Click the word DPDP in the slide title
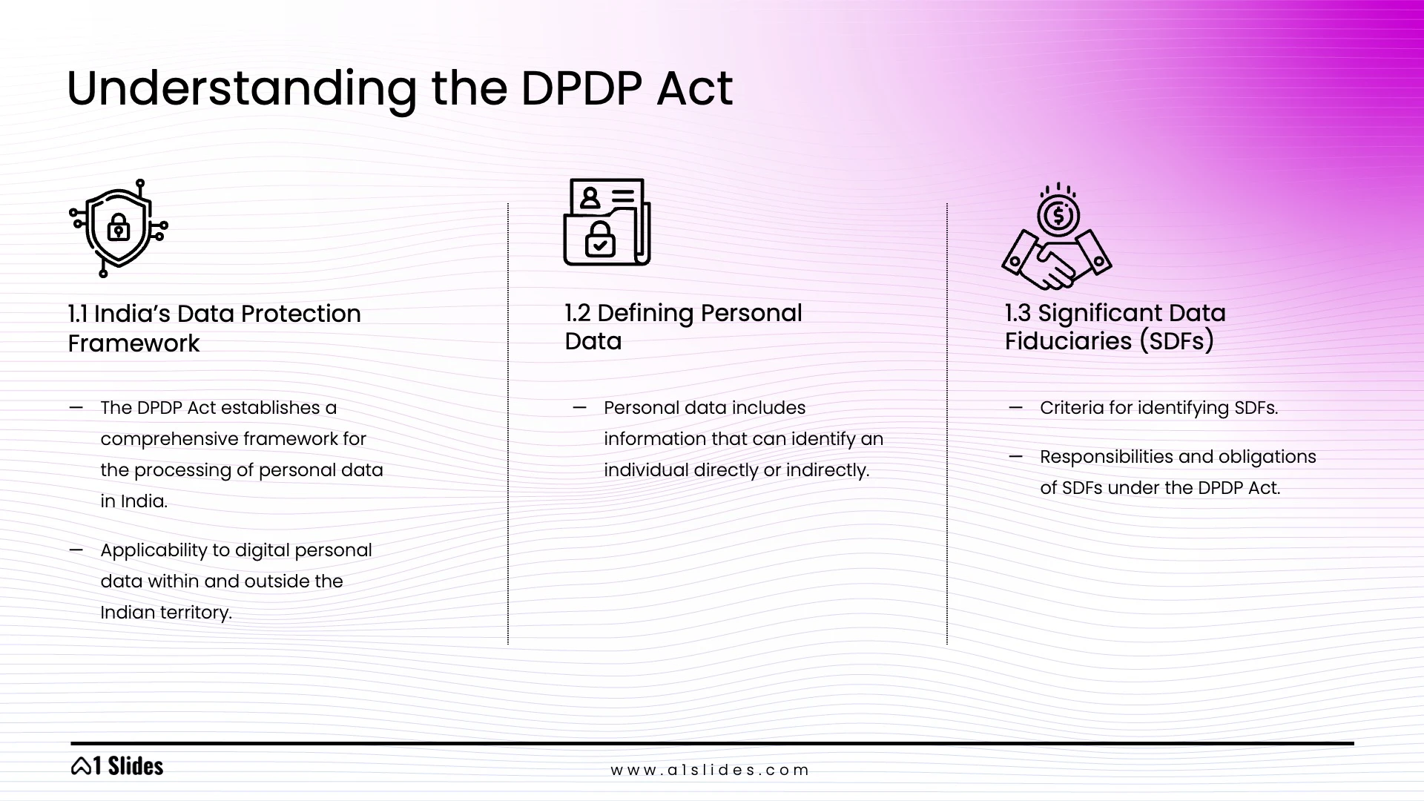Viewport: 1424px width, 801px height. pos(581,89)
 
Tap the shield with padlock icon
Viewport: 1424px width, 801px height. pos(119,228)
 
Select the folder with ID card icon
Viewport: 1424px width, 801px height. pos(607,222)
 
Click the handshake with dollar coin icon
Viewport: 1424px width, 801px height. pos(1057,237)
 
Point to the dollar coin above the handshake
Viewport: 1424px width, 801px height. pos(1058,216)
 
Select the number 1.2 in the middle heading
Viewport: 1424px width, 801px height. pos(577,313)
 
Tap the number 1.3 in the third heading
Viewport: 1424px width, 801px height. pos(1018,313)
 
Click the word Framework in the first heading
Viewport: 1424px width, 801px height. pos(133,343)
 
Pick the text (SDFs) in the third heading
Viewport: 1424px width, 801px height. pos(1176,341)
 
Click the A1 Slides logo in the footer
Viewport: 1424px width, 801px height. pos(117,766)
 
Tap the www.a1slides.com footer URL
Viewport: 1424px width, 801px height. pos(710,770)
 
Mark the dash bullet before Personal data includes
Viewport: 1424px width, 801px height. pos(579,407)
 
